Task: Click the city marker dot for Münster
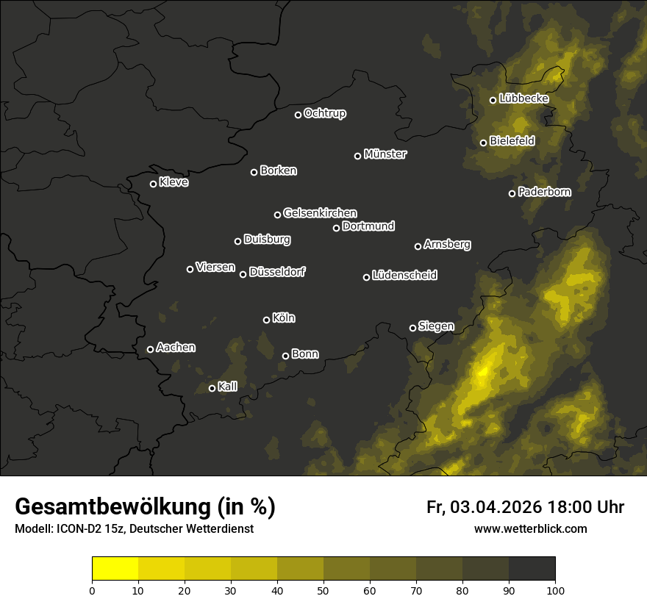pyautogui.click(x=358, y=156)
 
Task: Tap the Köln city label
pyautogui.click(x=284, y=318)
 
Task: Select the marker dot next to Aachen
pyautogui.click(x=150, y=349)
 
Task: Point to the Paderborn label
pyautogui.click(x=544, y=192)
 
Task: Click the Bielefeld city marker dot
pyautogui.click(x=483, y=143)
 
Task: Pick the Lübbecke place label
pyautogui.click(x=523, y=98)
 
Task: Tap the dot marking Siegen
pyautogui.click(x=412, y=328)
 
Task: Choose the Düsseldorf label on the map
pyautogui.click(x=277, y=272)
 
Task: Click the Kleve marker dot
pyautogui.click(x=153, y=184)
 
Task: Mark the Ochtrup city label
pyautogui.click(x=324, y=113)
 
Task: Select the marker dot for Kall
pyautogui.click(x=212, y=388)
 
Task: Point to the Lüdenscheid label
pyautogui.click(x=404, y=276)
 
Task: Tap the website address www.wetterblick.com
pyautogui.click(x=530, y=529)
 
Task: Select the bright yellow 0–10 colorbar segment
pyautogui.click(x=115, y=569)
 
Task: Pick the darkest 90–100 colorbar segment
pyautogui.click(x=532, y=569)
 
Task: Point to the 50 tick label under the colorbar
pyautogui.click(x=323, y=590)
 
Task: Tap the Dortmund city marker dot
pyautogui.click(x=336, y=228)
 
